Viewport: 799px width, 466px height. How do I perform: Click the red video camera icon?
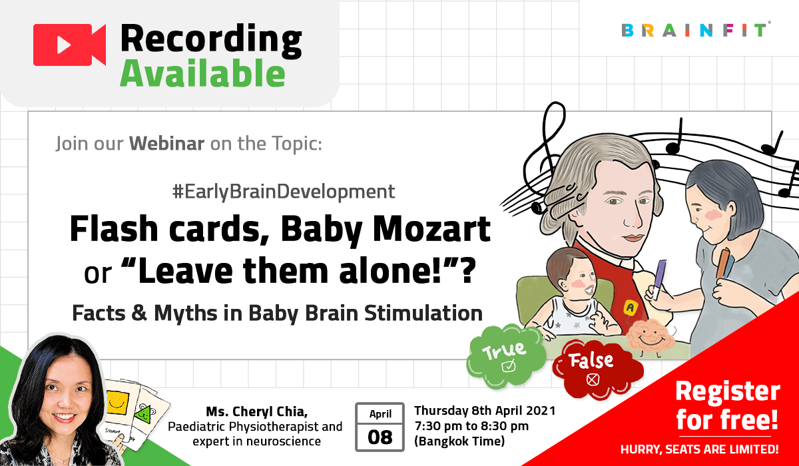point(69,45)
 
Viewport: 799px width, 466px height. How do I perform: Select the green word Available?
point(202,75)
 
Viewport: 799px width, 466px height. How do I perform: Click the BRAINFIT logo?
point(696,30)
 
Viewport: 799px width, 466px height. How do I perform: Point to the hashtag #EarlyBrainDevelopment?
point(283,192)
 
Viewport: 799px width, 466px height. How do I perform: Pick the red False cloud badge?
point(593,365)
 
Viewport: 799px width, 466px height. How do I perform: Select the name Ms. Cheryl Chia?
point(255,411)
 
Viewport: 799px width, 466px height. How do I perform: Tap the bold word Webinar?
point(166,143)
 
